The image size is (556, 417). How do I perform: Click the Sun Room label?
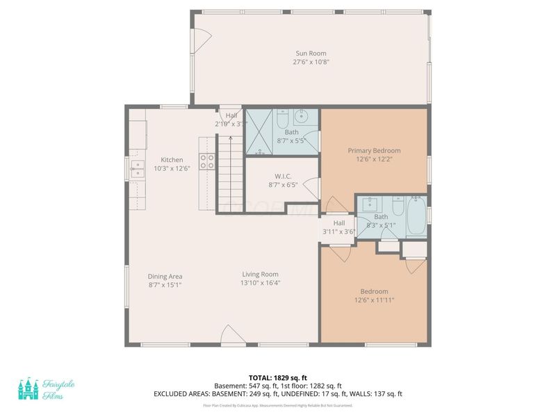click(x=311, y=54)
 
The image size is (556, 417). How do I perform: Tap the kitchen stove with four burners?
click(x=206, y=162)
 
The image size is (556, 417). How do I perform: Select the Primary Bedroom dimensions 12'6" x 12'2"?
click(x=374, y=159)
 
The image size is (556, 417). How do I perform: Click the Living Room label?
click(x=260, y=274)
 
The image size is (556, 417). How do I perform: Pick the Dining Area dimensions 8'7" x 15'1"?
click(x=165, y=285)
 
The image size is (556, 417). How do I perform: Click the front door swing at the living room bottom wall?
click(x=231, y=338)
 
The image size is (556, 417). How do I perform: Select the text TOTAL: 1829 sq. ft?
click(x=277, y=377)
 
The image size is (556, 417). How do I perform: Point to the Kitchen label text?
click(x=172, y=160)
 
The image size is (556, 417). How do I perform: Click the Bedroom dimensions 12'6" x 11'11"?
click(x=374, y=300)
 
